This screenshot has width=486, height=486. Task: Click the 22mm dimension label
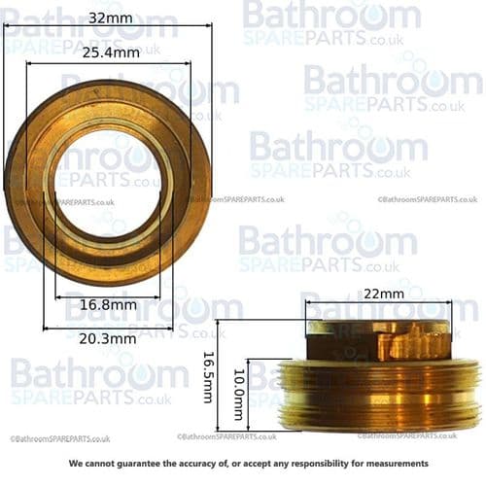point(379,293)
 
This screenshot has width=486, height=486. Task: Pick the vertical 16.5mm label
point(207,377)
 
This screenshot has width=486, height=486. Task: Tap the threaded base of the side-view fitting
point(379,395)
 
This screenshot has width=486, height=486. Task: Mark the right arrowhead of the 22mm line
point(449,303)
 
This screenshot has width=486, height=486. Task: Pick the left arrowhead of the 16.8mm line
point(58,296)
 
